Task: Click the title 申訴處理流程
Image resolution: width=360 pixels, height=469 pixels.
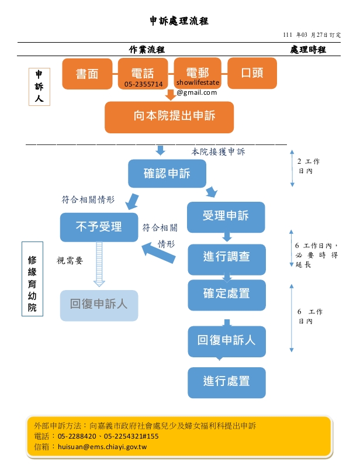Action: tap(179, 22)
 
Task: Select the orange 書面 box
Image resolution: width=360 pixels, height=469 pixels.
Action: tap(87, 73)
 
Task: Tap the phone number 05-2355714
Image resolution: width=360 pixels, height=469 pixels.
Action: tap(143, 84)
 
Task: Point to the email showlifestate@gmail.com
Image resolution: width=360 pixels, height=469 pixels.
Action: tap(197, 88)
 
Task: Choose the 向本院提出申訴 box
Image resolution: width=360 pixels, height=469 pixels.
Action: tap(169, 116)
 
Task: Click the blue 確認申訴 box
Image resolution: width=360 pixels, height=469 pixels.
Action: tap(167, 174)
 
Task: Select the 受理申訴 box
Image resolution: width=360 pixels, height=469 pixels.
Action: tap(226, 216)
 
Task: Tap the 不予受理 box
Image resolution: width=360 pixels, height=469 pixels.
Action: tap(99, 227)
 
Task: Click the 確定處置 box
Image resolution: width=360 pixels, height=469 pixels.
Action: tap(226, 294)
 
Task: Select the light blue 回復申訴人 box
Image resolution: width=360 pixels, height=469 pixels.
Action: tap(99, 305)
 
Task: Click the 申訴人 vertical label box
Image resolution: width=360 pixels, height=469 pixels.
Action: tap(39, 87)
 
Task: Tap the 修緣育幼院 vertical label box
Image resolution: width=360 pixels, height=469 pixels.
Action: tap(32, 278)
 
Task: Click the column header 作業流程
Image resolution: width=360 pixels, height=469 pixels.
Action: tap(146, 50)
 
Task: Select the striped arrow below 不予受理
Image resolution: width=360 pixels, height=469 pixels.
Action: tap(99, 264)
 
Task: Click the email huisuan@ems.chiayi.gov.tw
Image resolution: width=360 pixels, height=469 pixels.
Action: tap(102, 447)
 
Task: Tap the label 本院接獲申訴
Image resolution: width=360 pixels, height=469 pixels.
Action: tap(218, 151)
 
